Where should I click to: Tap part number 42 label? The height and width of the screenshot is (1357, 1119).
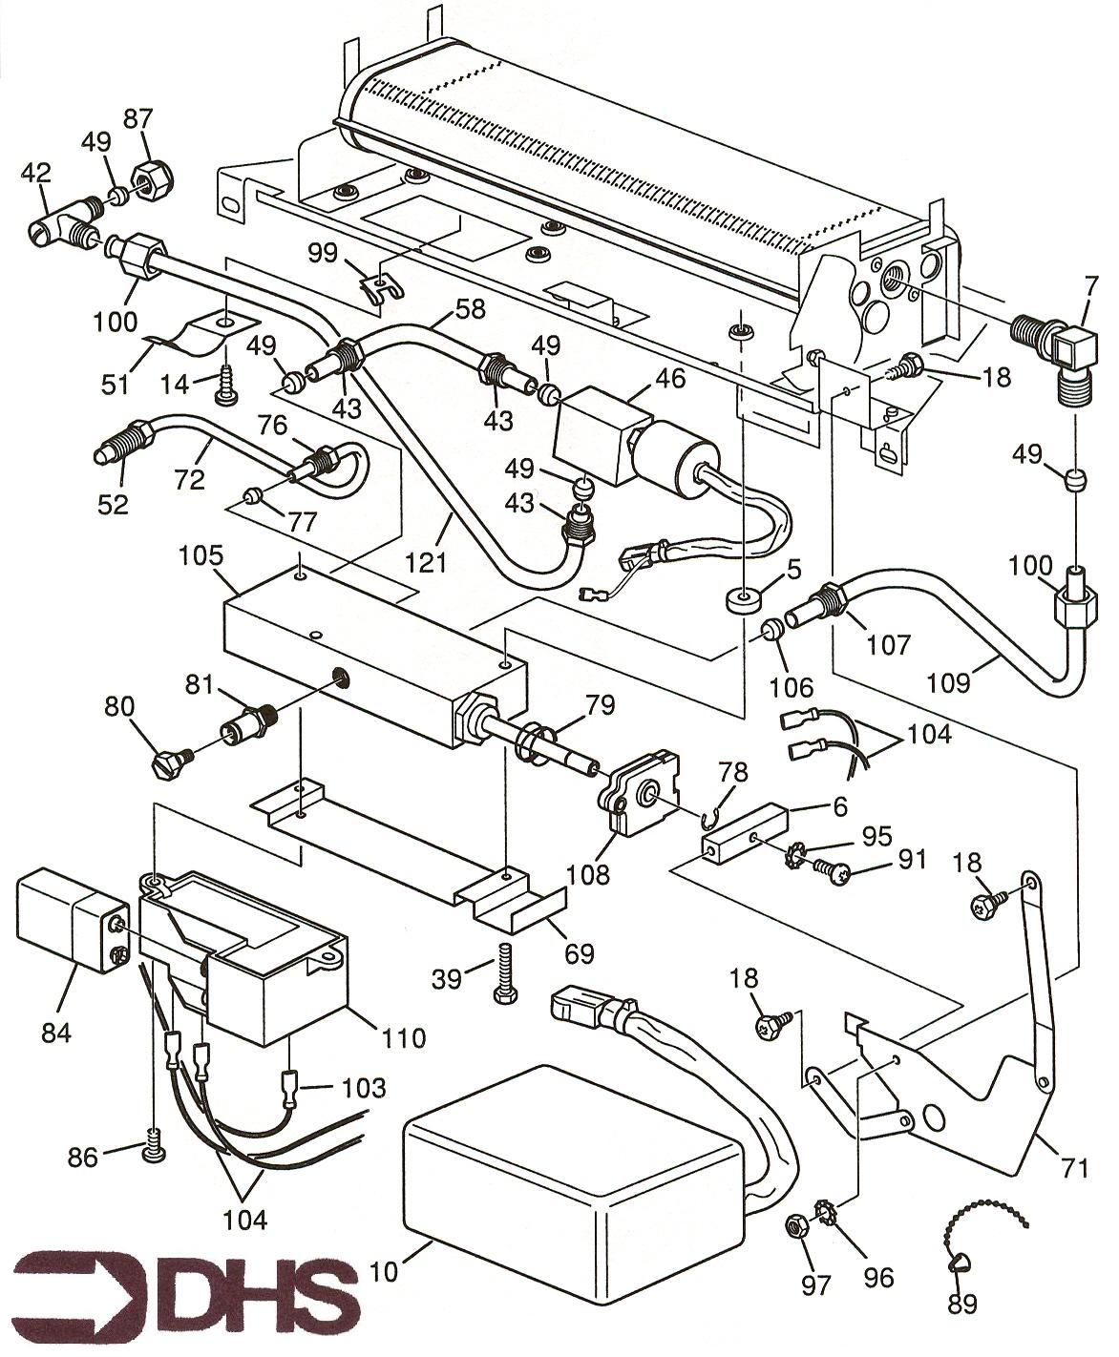(35, 174)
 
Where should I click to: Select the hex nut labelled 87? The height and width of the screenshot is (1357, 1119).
(154, 181)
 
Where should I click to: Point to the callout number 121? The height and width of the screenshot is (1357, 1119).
(427, 562)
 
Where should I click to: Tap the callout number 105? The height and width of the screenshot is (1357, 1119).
(201, 555)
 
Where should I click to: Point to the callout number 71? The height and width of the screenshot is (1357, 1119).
(1073, 1168)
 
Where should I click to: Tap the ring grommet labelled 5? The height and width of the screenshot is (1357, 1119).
(744, 600)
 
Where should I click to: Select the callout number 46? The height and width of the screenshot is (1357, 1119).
(670, 378)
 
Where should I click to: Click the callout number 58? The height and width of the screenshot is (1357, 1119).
(470, 308)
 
